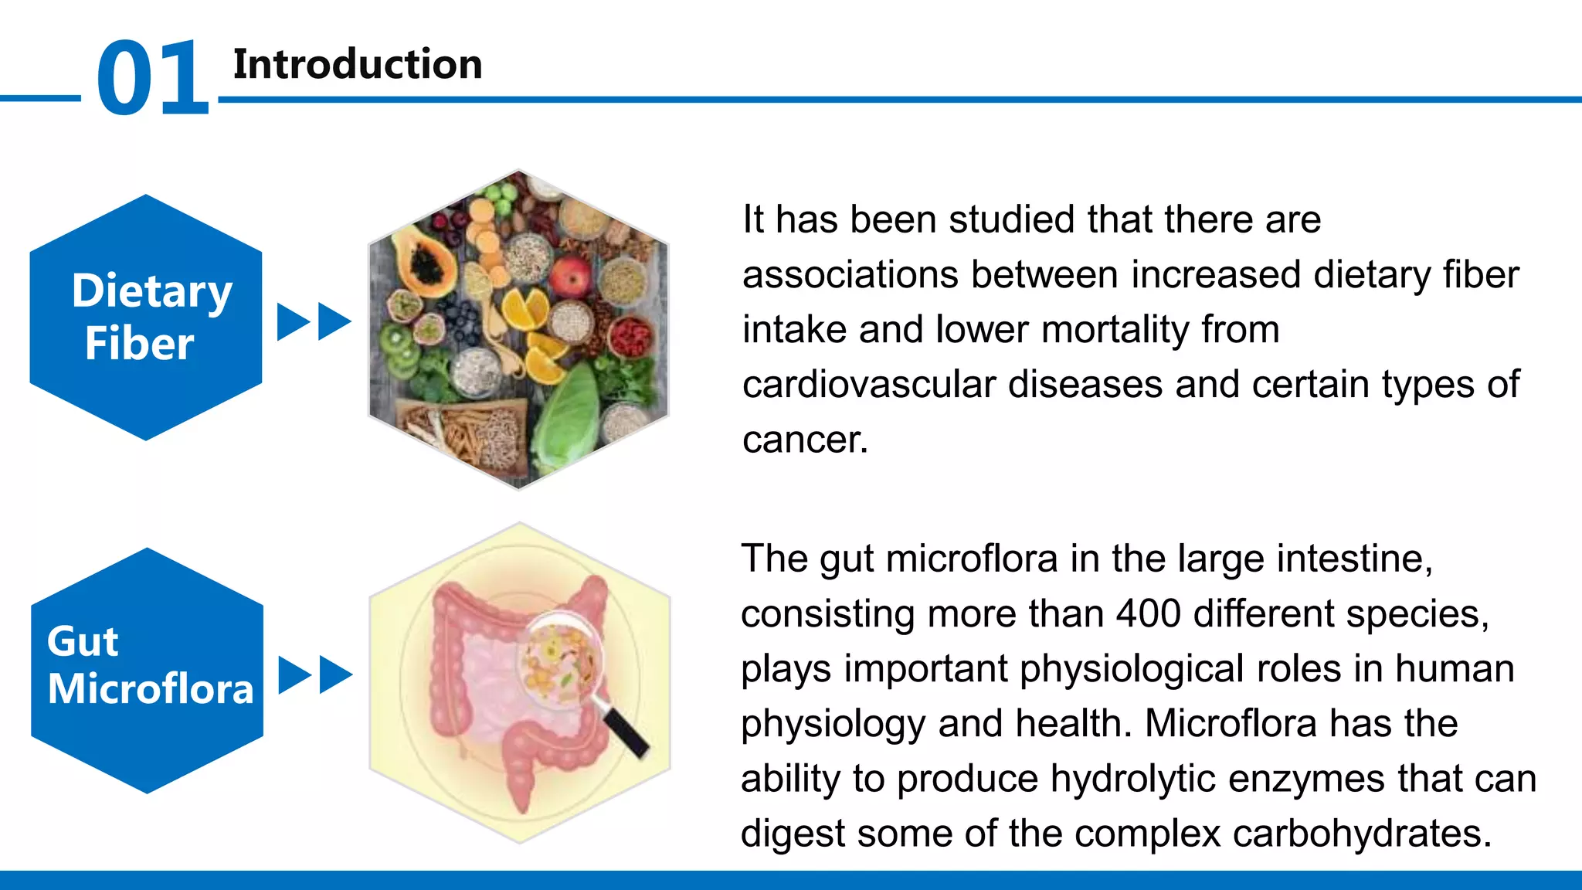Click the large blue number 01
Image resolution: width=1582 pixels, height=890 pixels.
(152, 78)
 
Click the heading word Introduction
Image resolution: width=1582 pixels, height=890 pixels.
(358, 64)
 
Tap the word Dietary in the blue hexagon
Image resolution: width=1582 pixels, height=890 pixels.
(151, 291)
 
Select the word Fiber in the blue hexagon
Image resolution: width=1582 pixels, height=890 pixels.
(139, 344)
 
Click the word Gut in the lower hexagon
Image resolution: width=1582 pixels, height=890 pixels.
(82, 642)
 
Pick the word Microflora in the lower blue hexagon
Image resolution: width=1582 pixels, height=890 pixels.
(151, 689)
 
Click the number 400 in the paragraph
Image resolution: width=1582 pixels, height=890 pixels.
(1148, 614)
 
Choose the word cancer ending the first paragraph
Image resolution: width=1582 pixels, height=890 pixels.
(804, 440)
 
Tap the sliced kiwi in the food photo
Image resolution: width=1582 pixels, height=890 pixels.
(399, 344)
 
